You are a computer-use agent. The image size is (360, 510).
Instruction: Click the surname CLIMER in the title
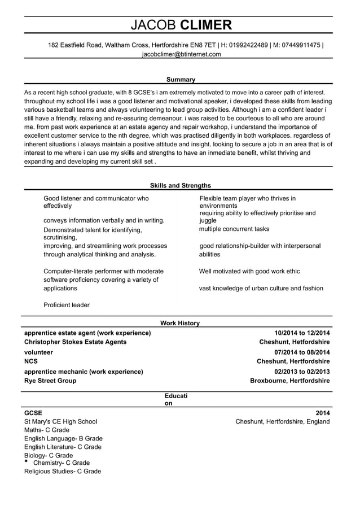click(205, 25)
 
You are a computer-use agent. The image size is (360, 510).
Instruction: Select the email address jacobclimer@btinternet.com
click(181, 54)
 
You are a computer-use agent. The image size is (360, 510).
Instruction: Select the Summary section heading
click(181, 80)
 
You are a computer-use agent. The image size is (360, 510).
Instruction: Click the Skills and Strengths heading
click(181, 185)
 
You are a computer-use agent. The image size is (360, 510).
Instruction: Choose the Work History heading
click(180, 323)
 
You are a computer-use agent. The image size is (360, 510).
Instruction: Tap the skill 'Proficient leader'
click(67, 305)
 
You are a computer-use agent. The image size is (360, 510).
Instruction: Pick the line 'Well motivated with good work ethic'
click(249, 271)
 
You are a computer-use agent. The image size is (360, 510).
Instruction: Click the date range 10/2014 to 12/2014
click(302, 333)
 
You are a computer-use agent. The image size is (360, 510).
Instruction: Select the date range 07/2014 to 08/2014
click(302, 352)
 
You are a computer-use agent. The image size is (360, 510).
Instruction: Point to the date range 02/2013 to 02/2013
click(302, 372)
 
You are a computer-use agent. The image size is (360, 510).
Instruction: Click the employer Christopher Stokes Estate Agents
click(76, 342)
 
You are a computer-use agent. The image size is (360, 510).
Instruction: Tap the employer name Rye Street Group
click(50, 381)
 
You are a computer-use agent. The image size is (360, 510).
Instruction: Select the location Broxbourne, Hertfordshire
click(289, 381)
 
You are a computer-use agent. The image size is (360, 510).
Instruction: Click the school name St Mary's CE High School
click(60, 421)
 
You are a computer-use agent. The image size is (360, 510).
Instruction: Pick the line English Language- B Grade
click(63, 438)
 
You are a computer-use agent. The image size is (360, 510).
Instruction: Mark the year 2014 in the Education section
click(322, 413)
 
